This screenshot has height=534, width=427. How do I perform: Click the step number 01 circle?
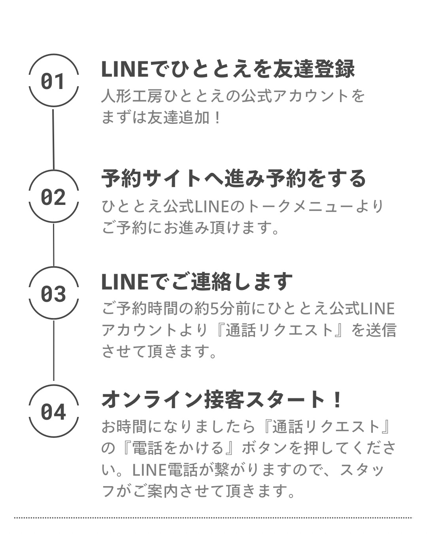53,81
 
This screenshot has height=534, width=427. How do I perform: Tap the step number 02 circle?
53,197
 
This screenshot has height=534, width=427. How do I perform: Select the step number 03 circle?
53,293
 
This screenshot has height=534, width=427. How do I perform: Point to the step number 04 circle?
53,411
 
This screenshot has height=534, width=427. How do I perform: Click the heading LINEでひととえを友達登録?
228,69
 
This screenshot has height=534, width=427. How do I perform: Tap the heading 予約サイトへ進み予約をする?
234,178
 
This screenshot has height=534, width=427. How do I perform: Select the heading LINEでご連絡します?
197,281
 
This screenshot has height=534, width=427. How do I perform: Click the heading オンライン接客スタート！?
221,400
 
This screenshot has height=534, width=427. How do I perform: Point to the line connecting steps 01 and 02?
53,138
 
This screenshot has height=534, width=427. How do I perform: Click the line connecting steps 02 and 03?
53,245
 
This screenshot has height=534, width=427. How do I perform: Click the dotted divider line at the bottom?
213,517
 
